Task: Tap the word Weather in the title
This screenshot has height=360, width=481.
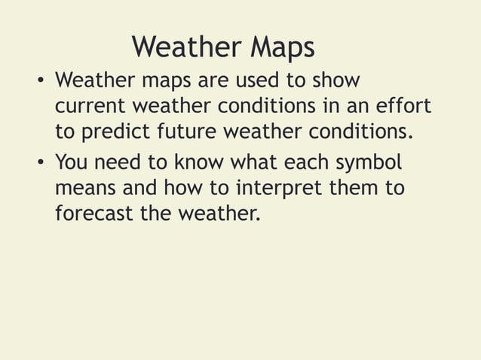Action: tap(185, 47)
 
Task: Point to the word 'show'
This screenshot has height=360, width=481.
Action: tap(336, 80)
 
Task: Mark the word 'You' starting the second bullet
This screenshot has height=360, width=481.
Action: tap(71, 162)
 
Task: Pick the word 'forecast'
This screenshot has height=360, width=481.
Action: tap(94, 215)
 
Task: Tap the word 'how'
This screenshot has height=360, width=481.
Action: tap(175, 188)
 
